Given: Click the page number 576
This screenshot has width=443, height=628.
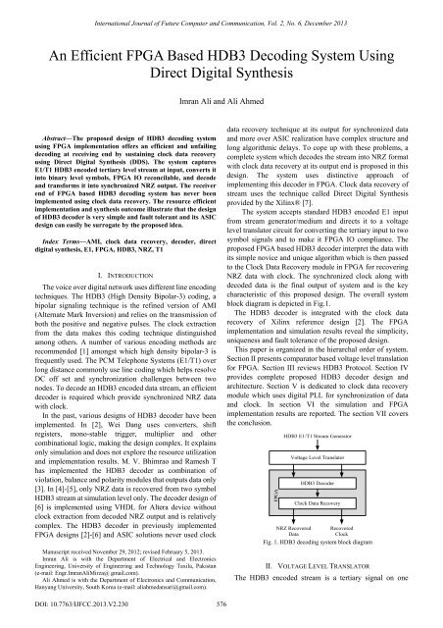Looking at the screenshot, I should (221, 605).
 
